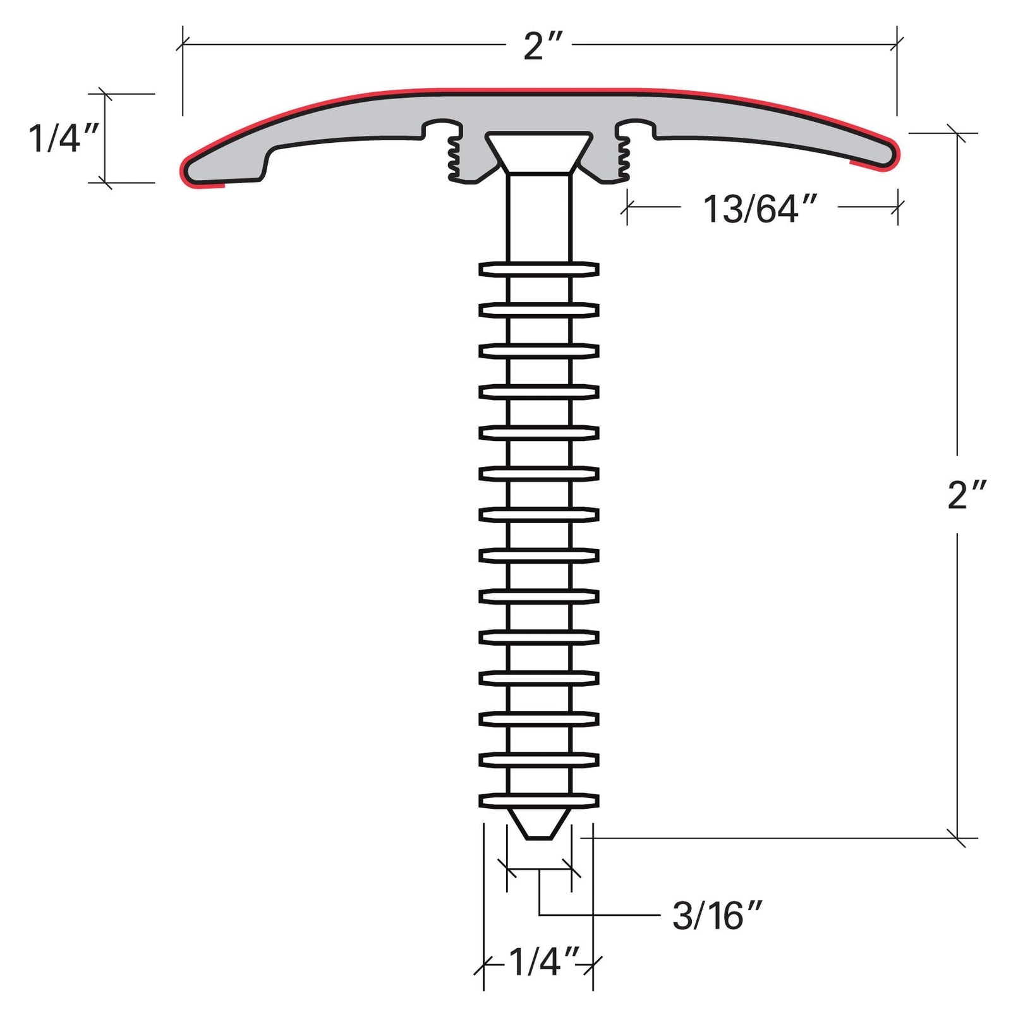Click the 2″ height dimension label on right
click(966, 495)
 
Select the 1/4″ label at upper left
click(63, 138)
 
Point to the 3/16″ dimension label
click(717, 916)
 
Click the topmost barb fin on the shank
click(539, 269)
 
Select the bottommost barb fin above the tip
click(539, 801)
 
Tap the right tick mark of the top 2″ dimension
click(896, 44)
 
